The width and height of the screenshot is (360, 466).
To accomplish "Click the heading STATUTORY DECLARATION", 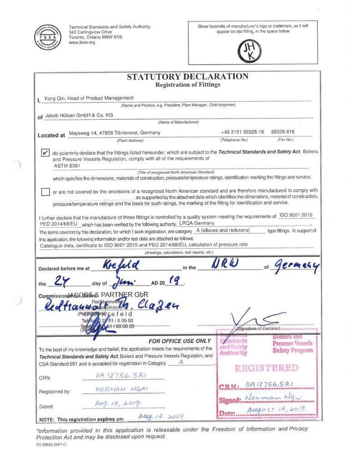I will [188, 76].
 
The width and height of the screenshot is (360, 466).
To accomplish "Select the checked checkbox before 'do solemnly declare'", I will [45, 152].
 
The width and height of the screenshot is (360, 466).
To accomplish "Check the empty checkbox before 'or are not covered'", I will [45, 192].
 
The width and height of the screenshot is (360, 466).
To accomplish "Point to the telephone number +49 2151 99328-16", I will [242, 132].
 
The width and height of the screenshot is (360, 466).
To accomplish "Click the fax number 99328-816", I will [285, 132].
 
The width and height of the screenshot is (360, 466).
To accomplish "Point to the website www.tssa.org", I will [82, 43].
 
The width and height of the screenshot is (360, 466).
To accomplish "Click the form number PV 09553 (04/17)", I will [51, 444].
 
